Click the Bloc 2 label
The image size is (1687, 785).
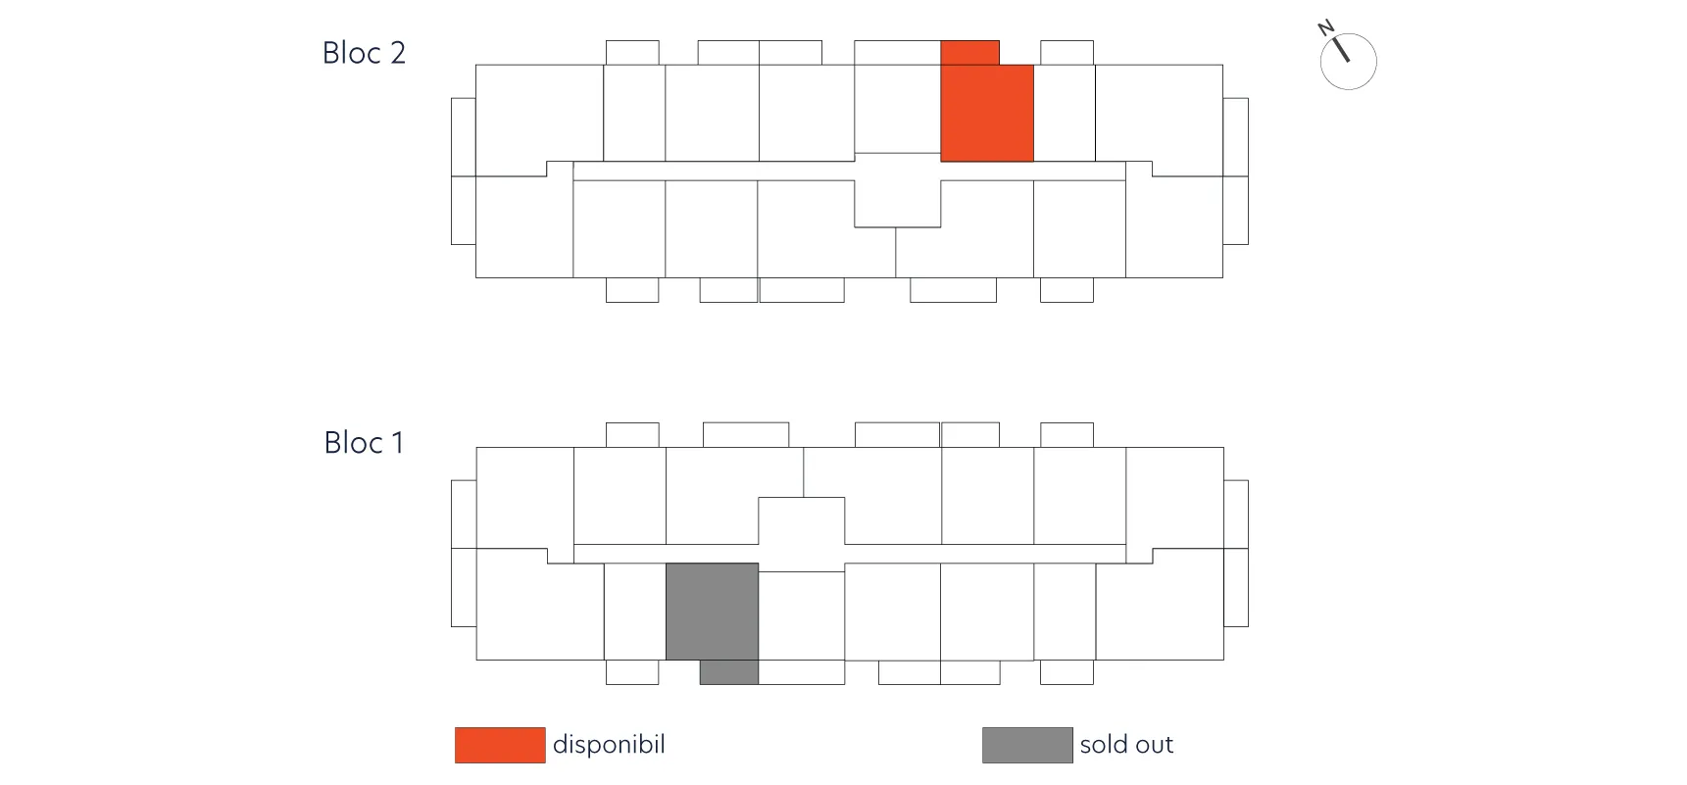(364, 53)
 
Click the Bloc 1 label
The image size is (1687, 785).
(364, 443)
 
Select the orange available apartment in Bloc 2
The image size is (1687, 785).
(987, 113)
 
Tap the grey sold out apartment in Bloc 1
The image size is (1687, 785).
(712, 612)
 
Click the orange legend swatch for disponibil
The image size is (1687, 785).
(500, 745)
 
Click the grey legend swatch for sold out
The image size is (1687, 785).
(1027, 745)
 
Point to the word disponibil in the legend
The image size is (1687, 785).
(609, 745)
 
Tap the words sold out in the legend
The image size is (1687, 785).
(1126, 745)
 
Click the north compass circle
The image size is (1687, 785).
(1349, 62)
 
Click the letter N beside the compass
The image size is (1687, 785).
(1326, 27)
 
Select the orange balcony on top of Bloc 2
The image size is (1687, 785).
(970, 53)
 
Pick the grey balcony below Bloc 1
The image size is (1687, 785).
(729, 672)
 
